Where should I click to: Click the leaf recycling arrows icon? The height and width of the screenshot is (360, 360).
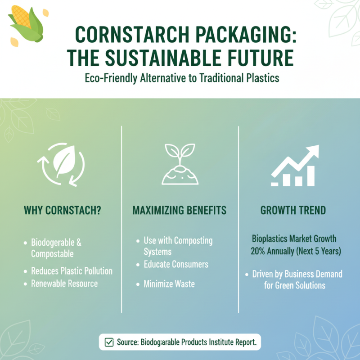pos(63,164)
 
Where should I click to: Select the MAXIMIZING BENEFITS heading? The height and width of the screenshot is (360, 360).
pos(179,210)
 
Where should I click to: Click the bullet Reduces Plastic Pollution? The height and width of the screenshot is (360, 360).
pos(72,271)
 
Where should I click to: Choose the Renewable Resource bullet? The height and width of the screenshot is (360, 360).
pos(64,283)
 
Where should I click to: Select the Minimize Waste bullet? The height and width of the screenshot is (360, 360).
pos(169,284)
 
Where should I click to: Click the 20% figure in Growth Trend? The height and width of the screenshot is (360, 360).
pos(259,251)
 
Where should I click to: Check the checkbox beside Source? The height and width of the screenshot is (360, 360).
pos(109,342)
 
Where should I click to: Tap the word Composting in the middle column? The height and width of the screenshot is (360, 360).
pos(193,240)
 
